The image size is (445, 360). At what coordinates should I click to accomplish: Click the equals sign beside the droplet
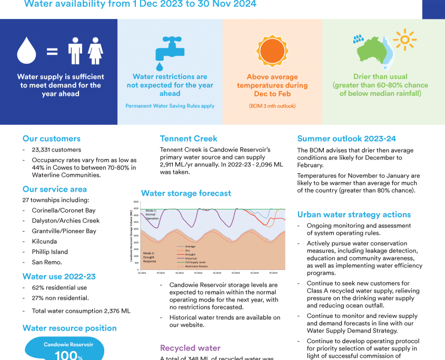click(52, 52)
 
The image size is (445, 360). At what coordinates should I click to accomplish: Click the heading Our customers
click(51, 139)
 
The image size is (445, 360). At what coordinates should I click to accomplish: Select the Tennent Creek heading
click(189, 139)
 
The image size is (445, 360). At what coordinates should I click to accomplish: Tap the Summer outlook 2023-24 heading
click(347, 139)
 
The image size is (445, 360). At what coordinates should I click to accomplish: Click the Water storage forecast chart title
click(186, 193)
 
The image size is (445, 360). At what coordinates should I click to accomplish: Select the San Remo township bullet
click(47, 262)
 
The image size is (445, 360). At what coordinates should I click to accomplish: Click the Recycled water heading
click(190, 348)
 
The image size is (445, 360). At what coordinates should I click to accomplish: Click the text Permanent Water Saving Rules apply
click(170, 106)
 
